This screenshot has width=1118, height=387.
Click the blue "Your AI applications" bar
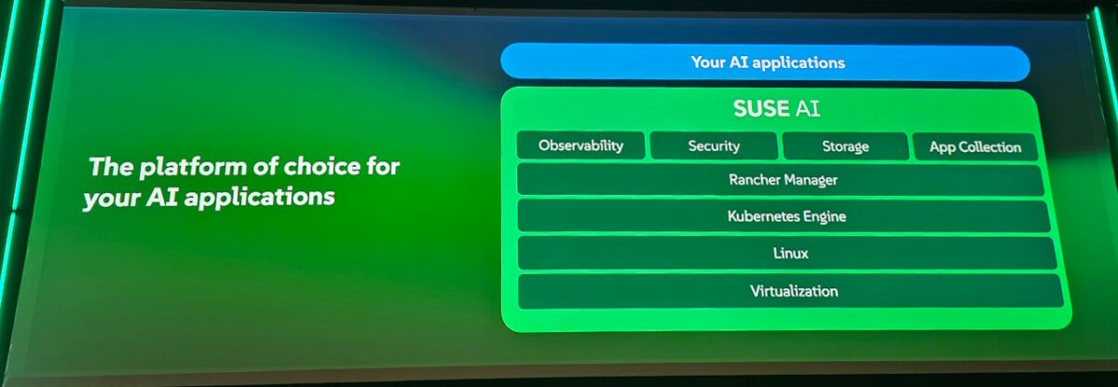coord(765,62)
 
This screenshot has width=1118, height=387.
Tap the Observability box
coord(581,145)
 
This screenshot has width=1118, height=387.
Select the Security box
coord(714,145)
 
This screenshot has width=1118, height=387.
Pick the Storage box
coord(846,146)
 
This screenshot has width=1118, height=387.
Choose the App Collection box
coord(975,146)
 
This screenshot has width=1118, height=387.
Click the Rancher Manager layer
coord(781,179)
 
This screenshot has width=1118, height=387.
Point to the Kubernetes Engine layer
coord(784,216)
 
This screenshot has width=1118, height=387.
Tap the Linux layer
coord(787,253)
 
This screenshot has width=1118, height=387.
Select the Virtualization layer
coord(791,291)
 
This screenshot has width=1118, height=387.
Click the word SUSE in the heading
coord(761,109)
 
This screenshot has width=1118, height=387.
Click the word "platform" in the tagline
coord(193,167)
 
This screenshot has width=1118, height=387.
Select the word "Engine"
coord(824,216)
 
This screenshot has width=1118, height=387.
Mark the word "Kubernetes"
coord(763,215)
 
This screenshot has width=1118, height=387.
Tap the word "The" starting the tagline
coord(111,166)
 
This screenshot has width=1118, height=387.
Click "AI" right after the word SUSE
coord(807,109)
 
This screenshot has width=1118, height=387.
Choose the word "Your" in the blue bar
coord(708,62)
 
